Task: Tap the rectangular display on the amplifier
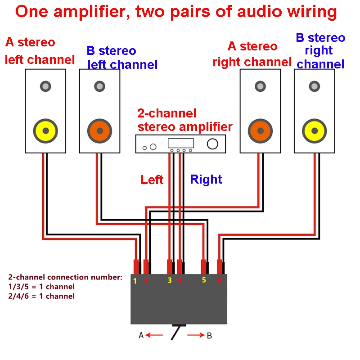(181, 143)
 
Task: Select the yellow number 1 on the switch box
(135, 281)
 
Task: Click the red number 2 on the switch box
(146, 280)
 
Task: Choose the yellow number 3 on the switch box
(170, 280)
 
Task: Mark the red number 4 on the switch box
(180, 280)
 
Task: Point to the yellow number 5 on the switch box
(204, 280)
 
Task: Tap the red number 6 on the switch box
(219, 280)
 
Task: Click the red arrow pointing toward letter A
(154, 335)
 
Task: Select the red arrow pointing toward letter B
(196, 335)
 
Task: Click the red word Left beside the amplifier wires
(152, 180)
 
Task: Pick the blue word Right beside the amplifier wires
(206, 180)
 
